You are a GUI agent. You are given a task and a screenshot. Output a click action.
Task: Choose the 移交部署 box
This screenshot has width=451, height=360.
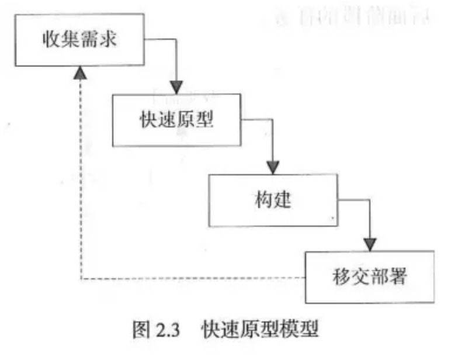pyautogui.click(x=370, y=276)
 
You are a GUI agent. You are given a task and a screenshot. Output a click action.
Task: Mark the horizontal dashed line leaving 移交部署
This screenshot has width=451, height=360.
pyautogui.click(x=193, y=278)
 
